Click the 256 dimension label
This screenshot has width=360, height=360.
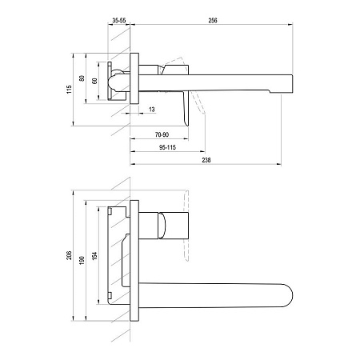[213, 20]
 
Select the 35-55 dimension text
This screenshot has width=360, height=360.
[119, 20]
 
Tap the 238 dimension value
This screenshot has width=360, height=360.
[206, 160]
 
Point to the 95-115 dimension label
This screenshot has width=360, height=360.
[167, 147]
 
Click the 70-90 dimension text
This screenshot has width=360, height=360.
[162, 134]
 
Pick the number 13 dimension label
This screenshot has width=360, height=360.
[152, 110]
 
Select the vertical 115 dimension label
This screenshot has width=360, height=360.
[70, 90]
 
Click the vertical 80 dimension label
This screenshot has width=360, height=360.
[82, 78]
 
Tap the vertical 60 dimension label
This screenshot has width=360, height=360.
[94, 81]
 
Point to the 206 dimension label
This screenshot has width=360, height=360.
[70, 255]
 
